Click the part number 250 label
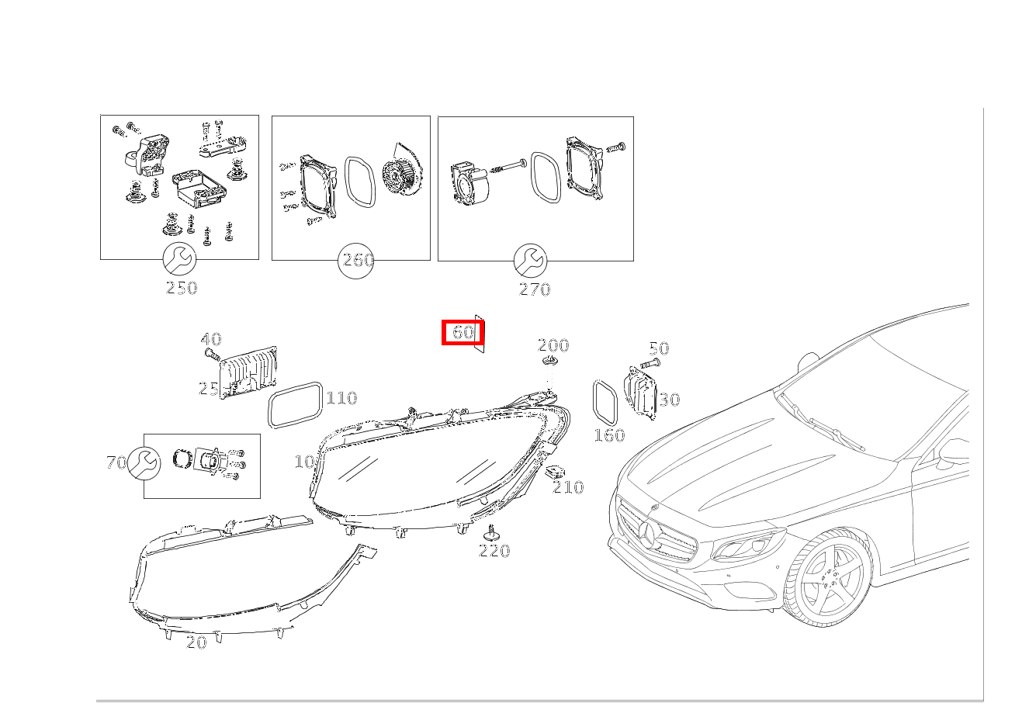pyautogui.click(x=182, y=288)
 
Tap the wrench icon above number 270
pyautogui.click(x=531, y=261)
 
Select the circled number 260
pyautogui.click(x=357, y=261)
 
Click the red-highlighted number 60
pyautogui.click(x=463, y=332)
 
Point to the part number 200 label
pyautogui.click(x=553, y=345)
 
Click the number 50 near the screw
pyautogui.click(x=658, y=348)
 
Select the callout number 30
pyautogui.click(x=669, y=400)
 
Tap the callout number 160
pyautogui.click(x=609, y=435)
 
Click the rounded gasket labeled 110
pyautogui.click(x=295, y=404)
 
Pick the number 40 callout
pyautogui.click(x=210, y=339)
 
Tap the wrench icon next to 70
pyautogui.click(x=144, y=463)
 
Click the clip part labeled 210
pyautogui.click(x=556, y=471)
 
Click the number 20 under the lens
pyautogui.click(x=196, y=642)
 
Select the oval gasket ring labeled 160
pyautogui.click(x=605, y=401)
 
